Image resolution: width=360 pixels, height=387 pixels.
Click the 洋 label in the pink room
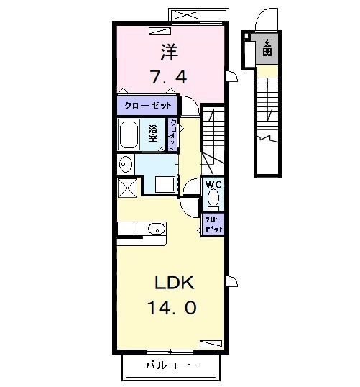click(169, 51)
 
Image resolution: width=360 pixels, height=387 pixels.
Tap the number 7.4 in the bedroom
click(169, 76)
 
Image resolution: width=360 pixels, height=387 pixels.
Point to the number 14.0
click(172, 307)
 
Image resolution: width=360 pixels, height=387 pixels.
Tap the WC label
click(214, 185)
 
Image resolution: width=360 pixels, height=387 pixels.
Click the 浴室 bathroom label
click(153, 135)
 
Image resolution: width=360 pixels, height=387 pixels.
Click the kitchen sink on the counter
click(154, 230)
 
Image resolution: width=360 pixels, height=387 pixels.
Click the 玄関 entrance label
click(267, 47)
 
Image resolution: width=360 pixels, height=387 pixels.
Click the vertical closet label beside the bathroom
click(172, 135)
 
